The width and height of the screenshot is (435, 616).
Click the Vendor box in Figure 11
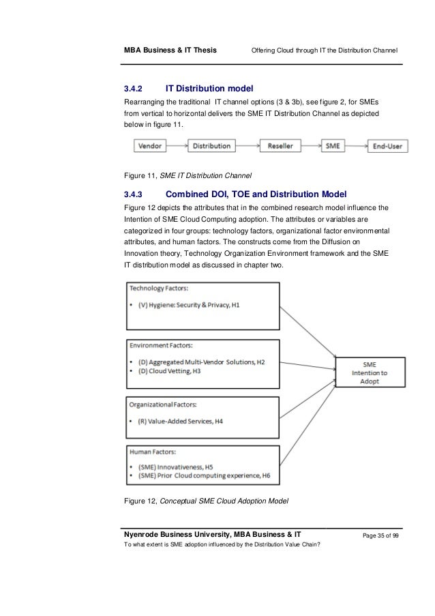pyautogui.click(x=150, y=146)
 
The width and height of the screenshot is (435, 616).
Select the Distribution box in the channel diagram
pyautogui.click(x=211, y=146)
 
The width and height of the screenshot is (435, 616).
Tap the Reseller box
pyautogui.click(x=280, y=146)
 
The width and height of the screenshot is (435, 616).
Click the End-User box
pyautogui.click(x=387, y=146)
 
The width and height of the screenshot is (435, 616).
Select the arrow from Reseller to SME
pyautogui.click(x=311, y=146)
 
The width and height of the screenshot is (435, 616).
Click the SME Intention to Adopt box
pyautogui.click(x=369, y=372)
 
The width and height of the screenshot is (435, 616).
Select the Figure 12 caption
pyautogui.click(x=205, y=501)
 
